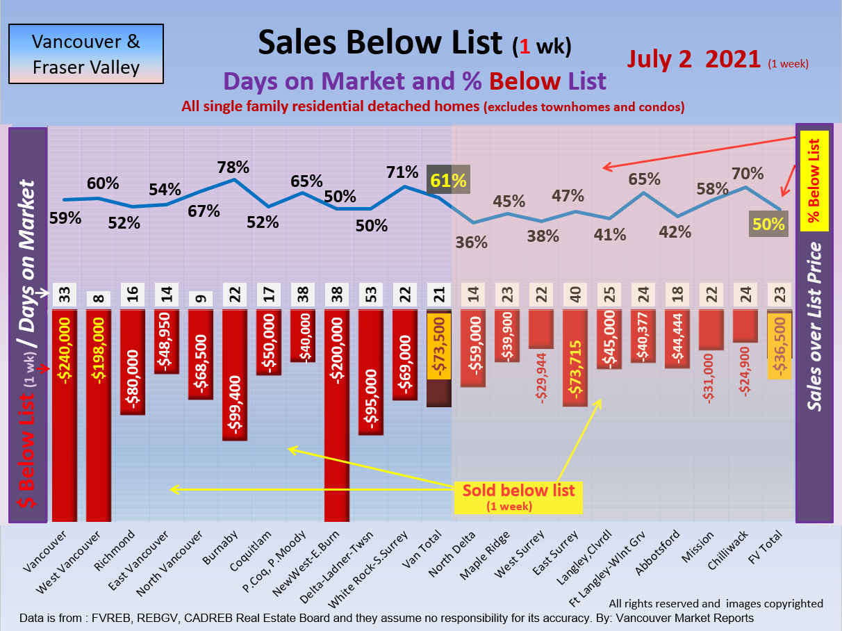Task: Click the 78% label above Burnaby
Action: pyautogui.click(x=233, y=167)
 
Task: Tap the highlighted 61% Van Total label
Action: pyautogui.click(x=447, y=181)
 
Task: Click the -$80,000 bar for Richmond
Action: pyautogui.click(x=133, y=361)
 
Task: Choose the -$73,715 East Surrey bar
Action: pyautogui.click(x=575, y=357)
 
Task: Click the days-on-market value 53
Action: pyautogui.click(x=371, y=295)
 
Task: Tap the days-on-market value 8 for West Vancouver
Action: pyautogui.click(x=99, y=297)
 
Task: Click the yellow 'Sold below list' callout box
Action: pyautogui.click(x=518, y=495)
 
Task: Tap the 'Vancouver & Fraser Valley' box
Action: pyautogui.click(x=86, y=54)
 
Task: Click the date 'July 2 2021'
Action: pyautogui.click(x=693, y=59)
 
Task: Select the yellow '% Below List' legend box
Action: pyautogui.click(x=814, y=180)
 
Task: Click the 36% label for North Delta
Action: pyautogui.click(x=472, y=243)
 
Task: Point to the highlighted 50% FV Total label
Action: pyautogui.click(x=770, y=224)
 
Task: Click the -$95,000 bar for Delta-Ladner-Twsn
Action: pyautogui.click(x=371, y=372)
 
